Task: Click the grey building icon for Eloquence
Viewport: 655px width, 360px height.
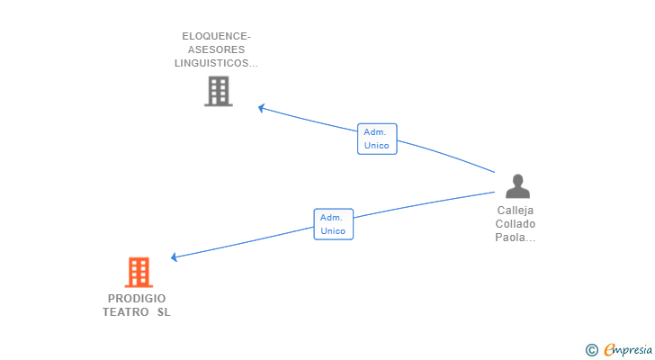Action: click(x=219, y=91)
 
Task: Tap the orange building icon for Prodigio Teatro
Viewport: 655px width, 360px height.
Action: click(x=139, y=272)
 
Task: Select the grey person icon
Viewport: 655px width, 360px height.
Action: click(x=517, y=186)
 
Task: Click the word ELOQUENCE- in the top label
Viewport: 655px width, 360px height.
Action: click(x=217, y=37)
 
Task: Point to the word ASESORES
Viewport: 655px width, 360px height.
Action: click(x=217, y=50)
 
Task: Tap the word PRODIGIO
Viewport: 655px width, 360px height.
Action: click(x=137, y=299)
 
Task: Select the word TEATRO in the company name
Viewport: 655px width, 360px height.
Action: click(x=126, y=312)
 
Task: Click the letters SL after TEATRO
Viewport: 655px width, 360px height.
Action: click(x=163, y=312)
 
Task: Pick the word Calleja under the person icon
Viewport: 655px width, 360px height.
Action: click(x=516, y=211)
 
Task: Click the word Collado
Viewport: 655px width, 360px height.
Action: click(x=516, y=224)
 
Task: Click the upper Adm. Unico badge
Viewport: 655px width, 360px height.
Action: click(x=377, y=139)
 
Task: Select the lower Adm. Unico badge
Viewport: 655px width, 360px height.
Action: click(x=334, y=224)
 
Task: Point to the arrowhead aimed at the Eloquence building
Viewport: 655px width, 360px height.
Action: click(x=261, y=108)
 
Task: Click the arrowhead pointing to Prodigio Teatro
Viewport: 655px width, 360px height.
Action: click(x=175, y=257)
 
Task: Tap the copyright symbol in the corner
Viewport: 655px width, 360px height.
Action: click(x=591, y=350)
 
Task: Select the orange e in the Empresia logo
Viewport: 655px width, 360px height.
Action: click(x=609, y=350)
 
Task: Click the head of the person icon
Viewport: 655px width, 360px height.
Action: click(x=517, y=179)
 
